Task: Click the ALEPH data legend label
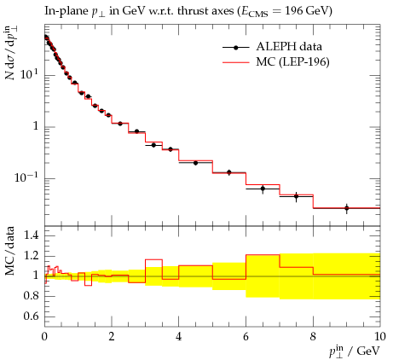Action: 289,47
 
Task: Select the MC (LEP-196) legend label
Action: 292,61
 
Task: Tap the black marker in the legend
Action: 235,48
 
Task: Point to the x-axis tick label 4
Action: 178,337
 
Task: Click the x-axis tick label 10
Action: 380,337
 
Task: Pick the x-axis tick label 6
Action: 246,337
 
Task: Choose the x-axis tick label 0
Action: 44,337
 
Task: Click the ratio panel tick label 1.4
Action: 31,235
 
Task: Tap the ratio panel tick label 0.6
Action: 31,316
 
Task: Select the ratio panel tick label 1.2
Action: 31,256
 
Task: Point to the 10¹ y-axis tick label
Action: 29,74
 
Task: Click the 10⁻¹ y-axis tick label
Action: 26,177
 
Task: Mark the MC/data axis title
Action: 10,251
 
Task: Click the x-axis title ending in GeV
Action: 355,351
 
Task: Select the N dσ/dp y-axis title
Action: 9,53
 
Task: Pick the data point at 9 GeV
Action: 347,208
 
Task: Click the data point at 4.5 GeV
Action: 195,163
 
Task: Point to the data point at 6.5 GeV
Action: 263,189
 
